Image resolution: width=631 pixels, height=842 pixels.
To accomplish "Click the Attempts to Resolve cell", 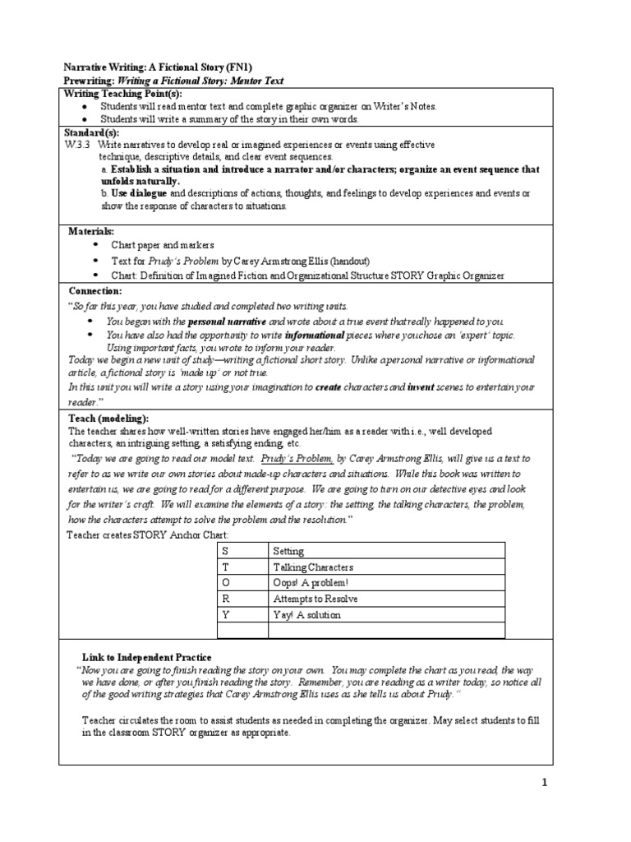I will tap(310, 598).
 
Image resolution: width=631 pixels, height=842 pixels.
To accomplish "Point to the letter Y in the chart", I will tap(224, 613).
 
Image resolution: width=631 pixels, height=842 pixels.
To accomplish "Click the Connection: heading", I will tap(94, 291).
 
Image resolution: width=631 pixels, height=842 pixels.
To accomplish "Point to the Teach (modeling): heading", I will tap(108, 419).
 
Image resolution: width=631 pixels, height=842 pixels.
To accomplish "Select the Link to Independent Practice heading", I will tap(147, 658).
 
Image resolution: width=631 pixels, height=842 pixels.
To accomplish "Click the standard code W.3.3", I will tap(76, 144).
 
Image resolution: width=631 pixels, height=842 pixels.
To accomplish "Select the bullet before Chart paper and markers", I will tap(94, 245).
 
